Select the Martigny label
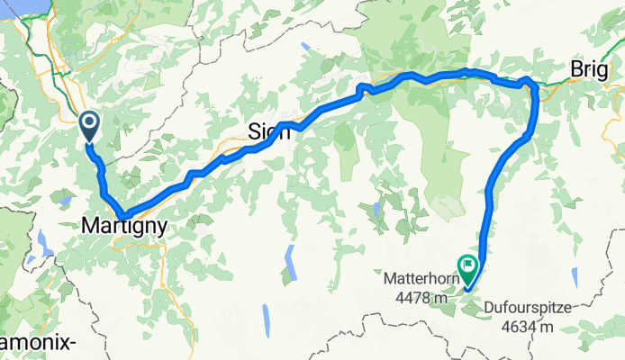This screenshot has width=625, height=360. (124, 228)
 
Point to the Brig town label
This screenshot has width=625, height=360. (590, 71)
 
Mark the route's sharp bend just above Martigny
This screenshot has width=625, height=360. (123, 214)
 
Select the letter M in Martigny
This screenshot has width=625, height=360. (88, 228)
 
